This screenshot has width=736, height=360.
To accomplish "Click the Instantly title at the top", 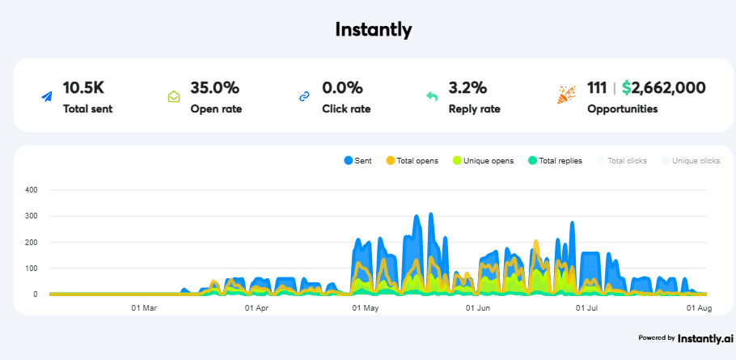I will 374,30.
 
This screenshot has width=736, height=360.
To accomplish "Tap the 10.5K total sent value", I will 83,87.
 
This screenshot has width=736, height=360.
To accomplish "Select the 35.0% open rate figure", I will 214,87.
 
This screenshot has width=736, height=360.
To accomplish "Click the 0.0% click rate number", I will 342,87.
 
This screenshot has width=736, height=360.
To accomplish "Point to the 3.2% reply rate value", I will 468,87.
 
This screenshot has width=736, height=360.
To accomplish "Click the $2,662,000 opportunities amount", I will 664,87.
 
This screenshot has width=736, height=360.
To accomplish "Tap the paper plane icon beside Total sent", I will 47,96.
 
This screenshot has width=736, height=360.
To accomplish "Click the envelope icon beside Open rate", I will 174,96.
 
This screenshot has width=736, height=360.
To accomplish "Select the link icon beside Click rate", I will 304,96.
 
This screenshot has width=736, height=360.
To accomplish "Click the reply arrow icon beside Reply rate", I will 432,96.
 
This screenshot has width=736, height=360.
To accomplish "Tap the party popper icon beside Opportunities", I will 565,95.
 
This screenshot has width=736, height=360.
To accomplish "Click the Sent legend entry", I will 358,161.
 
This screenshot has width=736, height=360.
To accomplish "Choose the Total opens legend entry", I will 412,161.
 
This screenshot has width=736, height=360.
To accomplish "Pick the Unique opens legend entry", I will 484,161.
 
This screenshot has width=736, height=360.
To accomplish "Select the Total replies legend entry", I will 555,161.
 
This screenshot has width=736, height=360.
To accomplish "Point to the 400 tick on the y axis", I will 32,190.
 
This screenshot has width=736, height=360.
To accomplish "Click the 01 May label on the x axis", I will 366,308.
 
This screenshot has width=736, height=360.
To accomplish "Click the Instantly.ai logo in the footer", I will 705,338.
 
